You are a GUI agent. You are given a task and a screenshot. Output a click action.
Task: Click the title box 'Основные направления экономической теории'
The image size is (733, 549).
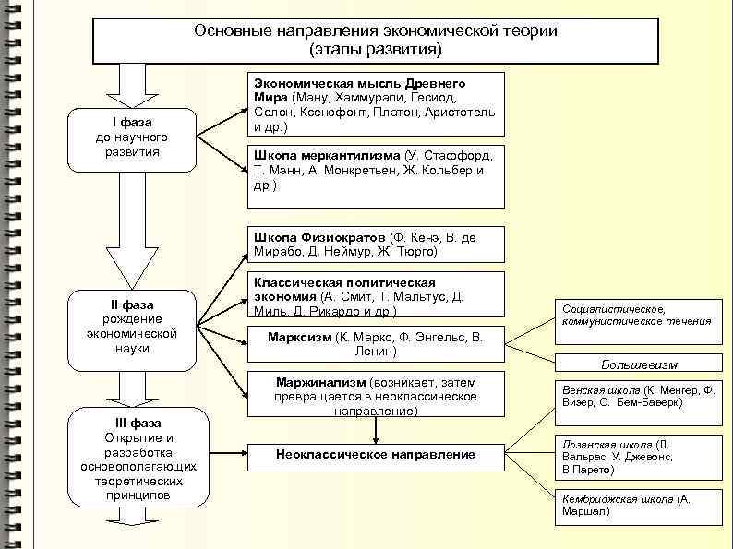point(375,40)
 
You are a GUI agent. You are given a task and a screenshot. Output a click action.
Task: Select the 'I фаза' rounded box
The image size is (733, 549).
point(133,138)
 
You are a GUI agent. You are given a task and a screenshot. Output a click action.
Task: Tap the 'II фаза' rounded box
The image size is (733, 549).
point(133,327)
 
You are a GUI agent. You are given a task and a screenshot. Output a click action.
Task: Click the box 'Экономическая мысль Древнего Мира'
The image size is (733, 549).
point(377,104)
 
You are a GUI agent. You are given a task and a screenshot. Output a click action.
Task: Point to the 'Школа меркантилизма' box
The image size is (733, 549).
point(377,175)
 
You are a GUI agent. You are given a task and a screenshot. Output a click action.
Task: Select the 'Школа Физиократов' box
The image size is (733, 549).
point(377,245)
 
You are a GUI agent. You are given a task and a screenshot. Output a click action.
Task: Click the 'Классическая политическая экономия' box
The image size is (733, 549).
point(377,295)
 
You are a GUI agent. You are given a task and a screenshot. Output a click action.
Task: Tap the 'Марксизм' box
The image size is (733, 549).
point(377,343)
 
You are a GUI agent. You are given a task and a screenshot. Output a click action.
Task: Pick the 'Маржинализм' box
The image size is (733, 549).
point(377,395)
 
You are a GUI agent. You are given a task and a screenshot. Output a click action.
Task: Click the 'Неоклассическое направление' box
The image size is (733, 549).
point(377,455)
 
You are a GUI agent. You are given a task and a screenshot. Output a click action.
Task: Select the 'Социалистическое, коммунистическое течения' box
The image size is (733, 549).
point(637,316)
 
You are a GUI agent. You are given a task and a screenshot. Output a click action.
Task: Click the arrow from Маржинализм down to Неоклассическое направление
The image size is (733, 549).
point(377,430)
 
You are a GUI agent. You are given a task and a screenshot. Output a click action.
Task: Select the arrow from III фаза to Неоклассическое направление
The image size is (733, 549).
point(222,455)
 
